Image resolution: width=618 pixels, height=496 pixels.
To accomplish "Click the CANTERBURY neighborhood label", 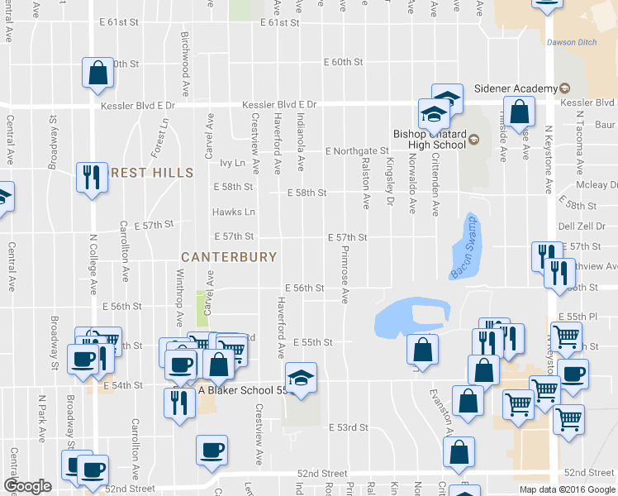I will [229, 257].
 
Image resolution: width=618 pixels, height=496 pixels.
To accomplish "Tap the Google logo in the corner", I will [27, 486].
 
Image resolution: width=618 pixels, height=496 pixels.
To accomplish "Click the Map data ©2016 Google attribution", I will [567, 489].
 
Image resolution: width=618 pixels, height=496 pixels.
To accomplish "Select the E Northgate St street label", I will [356, 151].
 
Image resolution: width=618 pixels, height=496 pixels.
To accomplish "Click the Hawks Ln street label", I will [233, 212].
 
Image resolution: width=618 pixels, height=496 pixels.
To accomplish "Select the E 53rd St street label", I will [347, 427].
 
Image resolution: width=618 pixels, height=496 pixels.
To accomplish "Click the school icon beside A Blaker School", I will [301, 379].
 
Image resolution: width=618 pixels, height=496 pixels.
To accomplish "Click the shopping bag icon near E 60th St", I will [97, 72].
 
